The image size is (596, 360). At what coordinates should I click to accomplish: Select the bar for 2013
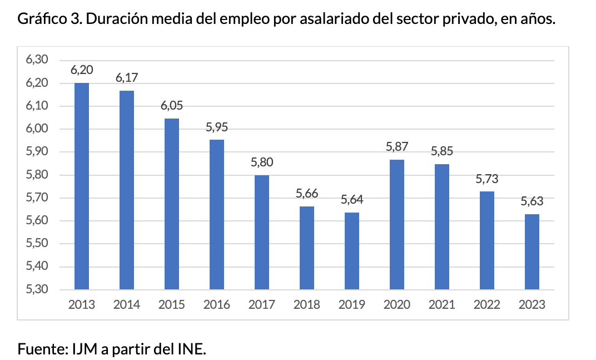81,186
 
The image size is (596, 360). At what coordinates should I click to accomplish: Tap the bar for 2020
396,225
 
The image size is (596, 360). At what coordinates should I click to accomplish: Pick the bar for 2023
532,252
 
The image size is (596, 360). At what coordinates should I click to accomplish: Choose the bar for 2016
216,215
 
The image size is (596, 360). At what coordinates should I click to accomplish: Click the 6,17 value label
127,78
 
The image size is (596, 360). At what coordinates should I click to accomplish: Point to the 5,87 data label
397,147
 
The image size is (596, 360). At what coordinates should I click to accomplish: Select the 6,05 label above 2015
172,106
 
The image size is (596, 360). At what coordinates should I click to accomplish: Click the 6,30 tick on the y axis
38,60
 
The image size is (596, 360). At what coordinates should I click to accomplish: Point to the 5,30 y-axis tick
38,289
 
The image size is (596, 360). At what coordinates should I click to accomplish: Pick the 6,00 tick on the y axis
38,129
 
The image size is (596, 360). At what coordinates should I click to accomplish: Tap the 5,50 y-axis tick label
38,244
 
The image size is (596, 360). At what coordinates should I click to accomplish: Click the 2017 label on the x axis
262,305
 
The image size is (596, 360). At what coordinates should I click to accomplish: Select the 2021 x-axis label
441,305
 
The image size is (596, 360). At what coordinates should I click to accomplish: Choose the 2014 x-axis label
127,305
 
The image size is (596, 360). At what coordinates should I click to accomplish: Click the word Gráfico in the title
38,19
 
